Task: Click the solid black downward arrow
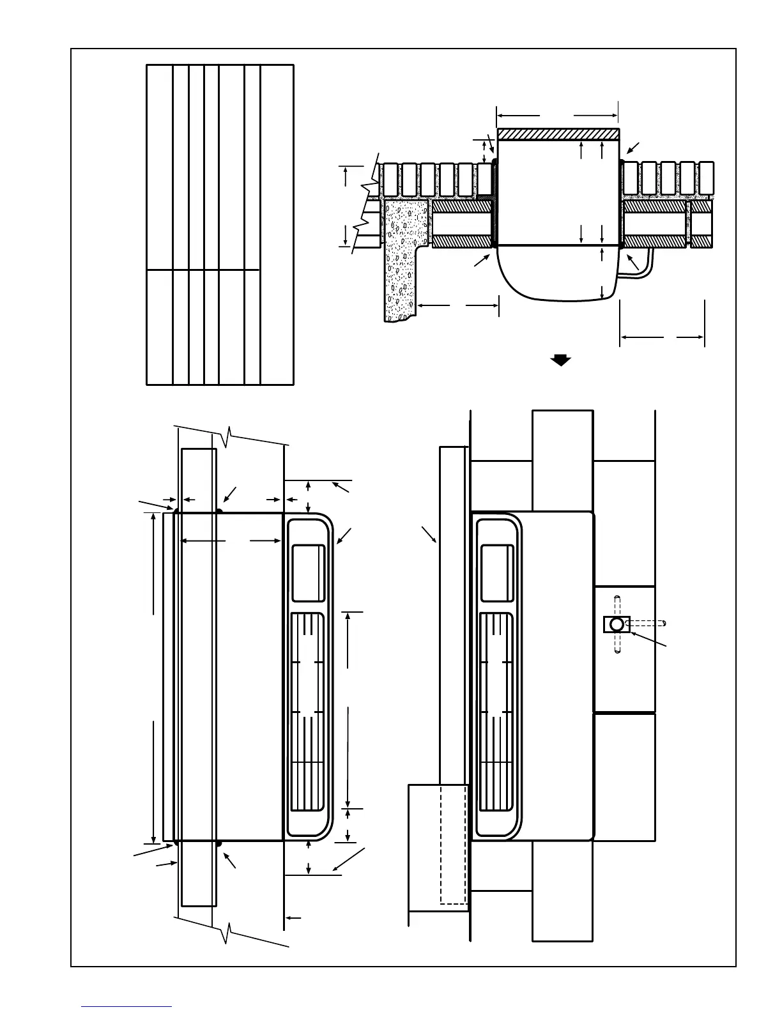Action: click(560, 360)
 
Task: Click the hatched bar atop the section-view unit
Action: click(558, 134)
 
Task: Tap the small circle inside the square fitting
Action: click(617, 624)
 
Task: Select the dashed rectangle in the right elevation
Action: click(452, 843)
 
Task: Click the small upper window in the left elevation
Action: click(308, 572)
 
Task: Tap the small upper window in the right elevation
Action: click(496, 572)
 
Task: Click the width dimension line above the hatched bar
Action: click(557, 116)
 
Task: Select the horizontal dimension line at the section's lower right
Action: click(662, 336)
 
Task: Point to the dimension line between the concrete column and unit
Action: click(457, 305)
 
